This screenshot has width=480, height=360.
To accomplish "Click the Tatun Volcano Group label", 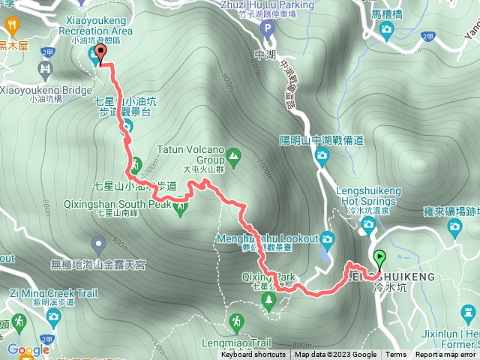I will tap(191, 153).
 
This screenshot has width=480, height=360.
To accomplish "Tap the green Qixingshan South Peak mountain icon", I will tap(180, 209).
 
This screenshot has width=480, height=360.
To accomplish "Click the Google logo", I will tap(28, 349).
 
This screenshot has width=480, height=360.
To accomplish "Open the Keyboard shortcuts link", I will tap(253, 355).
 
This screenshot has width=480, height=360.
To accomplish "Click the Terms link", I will tap(396, 355).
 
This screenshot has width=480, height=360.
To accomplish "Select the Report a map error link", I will tap(446, 355).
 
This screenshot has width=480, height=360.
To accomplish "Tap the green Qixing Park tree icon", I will tap(268, 301).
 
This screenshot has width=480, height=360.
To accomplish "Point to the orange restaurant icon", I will tap(11, 28).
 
